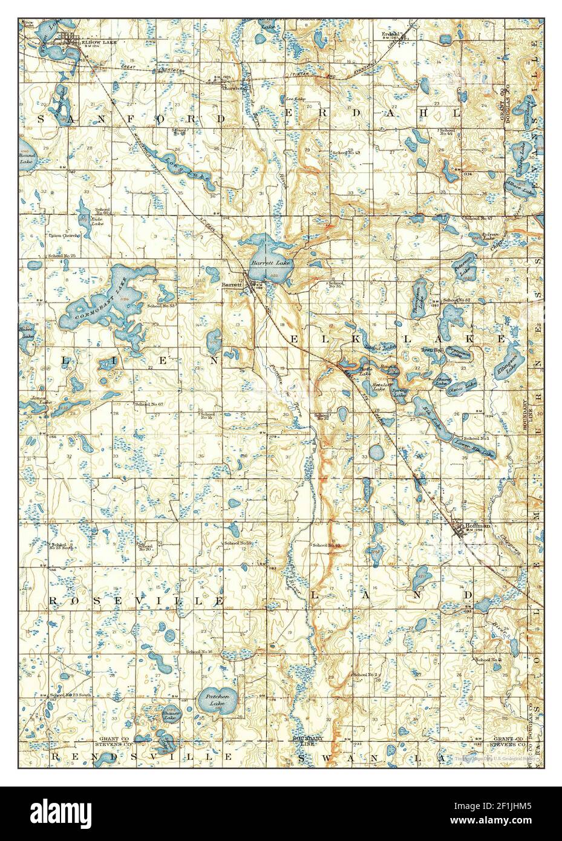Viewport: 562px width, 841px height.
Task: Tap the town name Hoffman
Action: (476, 526)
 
